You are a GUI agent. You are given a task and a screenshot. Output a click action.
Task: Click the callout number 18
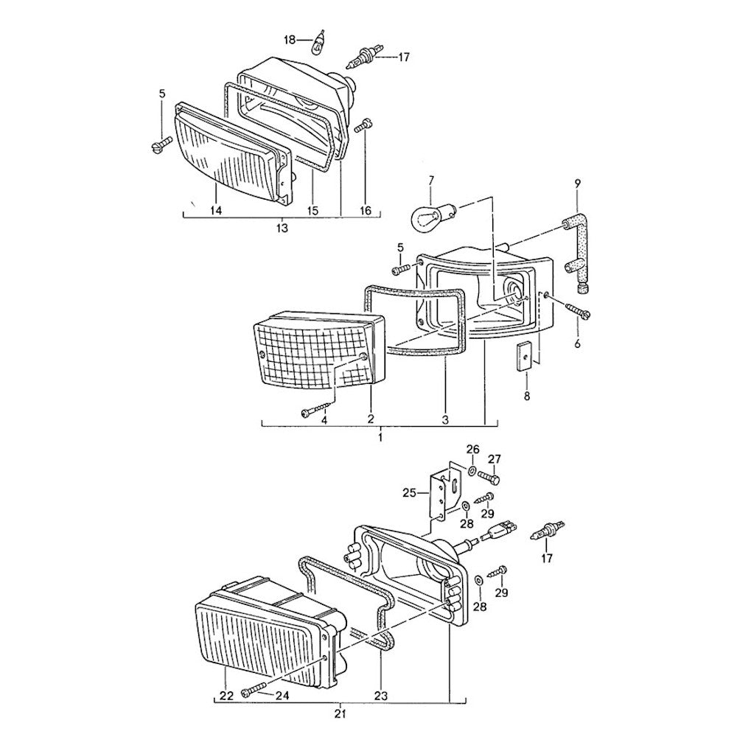[290, 39]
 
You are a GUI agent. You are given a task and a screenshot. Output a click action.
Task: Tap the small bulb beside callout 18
[319, 43]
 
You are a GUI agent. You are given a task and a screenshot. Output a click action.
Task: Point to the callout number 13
[282, 228]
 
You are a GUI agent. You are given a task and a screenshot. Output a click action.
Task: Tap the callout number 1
[380, 437]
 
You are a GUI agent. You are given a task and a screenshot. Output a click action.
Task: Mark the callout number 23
[380, 695]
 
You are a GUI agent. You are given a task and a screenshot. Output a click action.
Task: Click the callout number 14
[215, 210]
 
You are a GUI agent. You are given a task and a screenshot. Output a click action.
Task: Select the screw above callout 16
[361, 128]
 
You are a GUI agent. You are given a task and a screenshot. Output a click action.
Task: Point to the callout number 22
[225, 695]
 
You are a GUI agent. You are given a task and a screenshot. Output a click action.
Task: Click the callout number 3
[444, 419]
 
